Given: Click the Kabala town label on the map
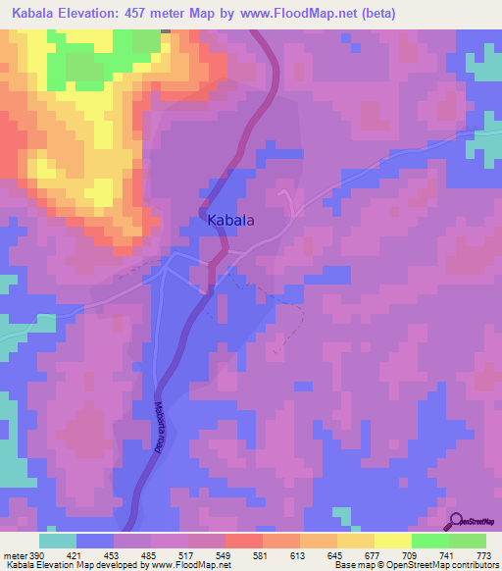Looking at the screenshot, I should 231,222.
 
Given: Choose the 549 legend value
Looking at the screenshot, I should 226,555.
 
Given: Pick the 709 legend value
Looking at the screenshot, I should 411,555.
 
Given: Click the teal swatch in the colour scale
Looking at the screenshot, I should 58,541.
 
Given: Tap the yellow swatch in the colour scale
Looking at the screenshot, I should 392,541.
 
